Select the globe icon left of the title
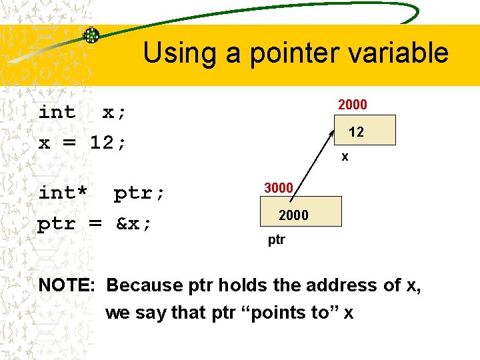coord(91,35)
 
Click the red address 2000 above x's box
coord(353,105)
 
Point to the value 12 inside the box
coord(356,132)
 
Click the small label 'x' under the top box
coord(345,157)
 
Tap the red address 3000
coord(279,188)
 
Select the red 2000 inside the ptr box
coord(293,215)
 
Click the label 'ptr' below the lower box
coord(277,239)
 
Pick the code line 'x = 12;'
coord(82,143)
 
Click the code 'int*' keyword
coord(63,193)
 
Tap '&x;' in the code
coord(134,223)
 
